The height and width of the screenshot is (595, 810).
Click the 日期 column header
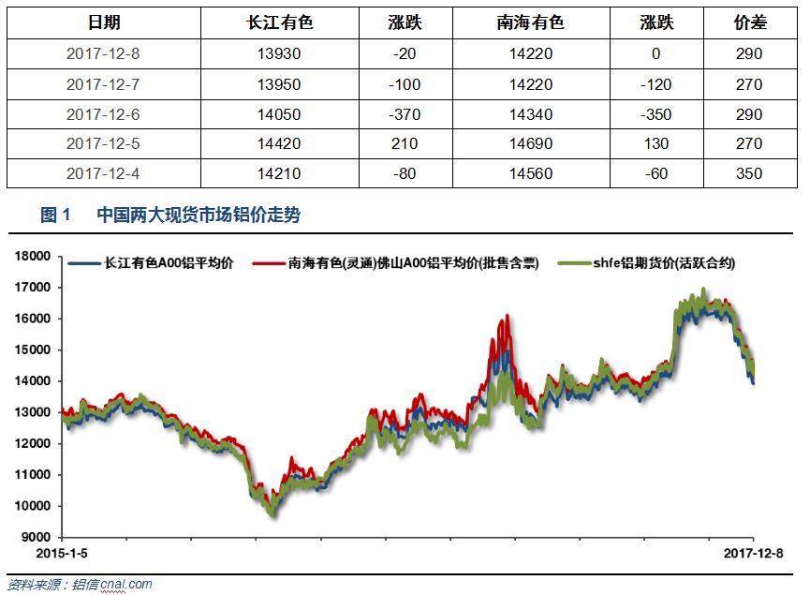coord(104,22)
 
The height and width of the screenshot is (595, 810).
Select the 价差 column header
coord(750,22)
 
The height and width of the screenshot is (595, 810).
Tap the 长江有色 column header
coord(279,22)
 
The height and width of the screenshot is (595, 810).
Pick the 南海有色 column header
coord(531,22)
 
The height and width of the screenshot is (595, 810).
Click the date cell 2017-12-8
coord(103,53)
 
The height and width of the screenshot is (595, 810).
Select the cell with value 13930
coord(279,53)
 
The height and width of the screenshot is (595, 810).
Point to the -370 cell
coord(405,114)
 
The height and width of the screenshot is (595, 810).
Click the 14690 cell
coord(531,143)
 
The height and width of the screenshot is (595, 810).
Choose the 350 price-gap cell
coord(749,173)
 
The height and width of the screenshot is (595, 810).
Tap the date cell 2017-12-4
coord(103,173)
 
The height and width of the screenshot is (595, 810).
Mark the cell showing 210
coord(405,143)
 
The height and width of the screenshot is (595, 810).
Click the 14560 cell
coord(531,173)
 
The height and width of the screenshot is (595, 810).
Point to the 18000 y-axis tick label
coord(33,257)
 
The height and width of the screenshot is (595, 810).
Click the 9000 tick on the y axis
coord(37,538)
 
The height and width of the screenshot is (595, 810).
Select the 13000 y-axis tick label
coord(33,412)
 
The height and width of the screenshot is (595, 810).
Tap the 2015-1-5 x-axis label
coord(62,554)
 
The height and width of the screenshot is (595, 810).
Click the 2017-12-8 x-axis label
coord(753,554)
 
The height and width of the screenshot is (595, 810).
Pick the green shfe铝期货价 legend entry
coord(647,263)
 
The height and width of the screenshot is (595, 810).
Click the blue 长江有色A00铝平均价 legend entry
coord(151,263)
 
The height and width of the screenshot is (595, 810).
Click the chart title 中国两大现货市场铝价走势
coord(199,216)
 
